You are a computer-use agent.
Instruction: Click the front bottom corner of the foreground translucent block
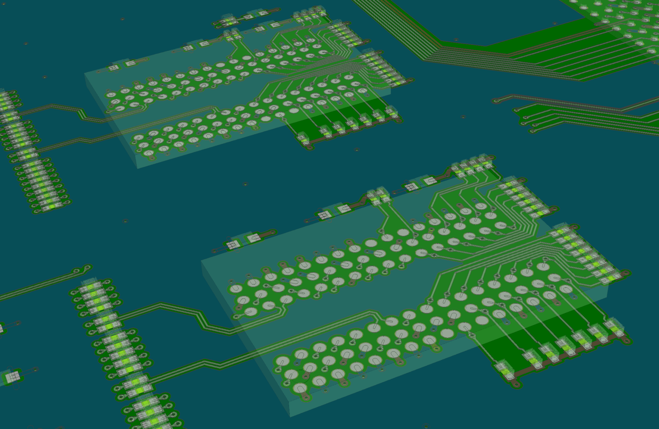(x=290, y=416)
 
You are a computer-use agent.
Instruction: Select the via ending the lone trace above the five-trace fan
(x=495, y=101)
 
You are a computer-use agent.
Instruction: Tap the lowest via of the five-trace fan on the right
(x=533, y=131)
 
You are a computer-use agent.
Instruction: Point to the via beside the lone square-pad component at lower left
(x=36, y=370)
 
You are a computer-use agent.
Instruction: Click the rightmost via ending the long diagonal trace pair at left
(x=87, y=267)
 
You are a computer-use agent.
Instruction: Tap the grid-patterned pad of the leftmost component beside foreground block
(x=232, y=245)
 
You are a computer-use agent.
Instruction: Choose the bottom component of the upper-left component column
(x=51, y=206)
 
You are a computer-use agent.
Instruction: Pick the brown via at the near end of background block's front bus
(x=310, y=147)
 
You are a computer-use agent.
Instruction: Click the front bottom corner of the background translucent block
(x=137, y=168)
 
